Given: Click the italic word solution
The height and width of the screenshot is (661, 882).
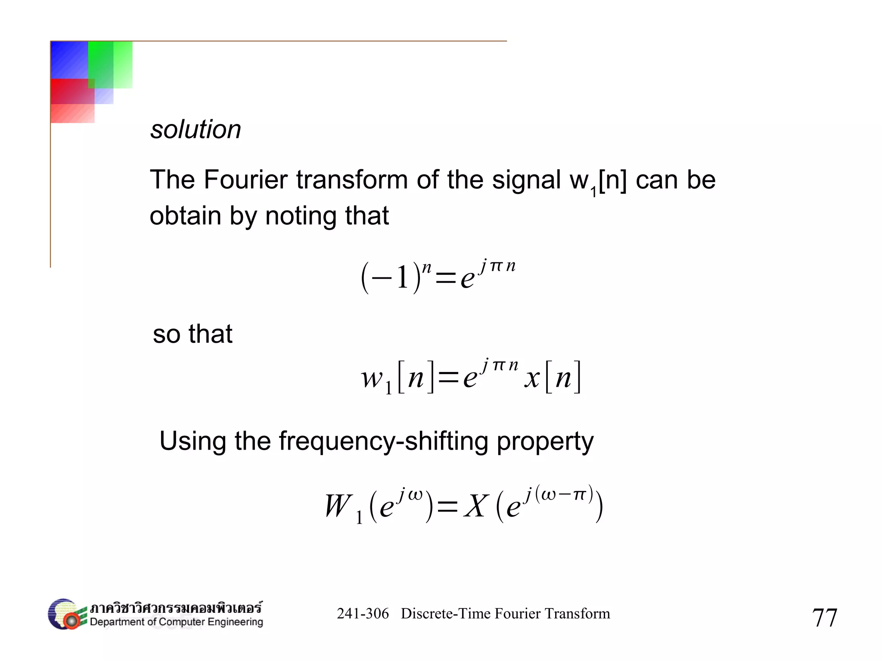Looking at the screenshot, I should pyautogui.click(x=196, y=130).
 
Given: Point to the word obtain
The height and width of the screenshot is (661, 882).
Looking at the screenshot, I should pyautogui.click(x=185, y=216).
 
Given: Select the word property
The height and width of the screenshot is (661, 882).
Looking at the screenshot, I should pyautogui.click(x=545, y=441).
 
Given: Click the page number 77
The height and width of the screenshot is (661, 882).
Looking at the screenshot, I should pyautogui.click(x=824, y=618).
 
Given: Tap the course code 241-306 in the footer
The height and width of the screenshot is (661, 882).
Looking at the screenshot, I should pyautogui.click(x=363, y=614).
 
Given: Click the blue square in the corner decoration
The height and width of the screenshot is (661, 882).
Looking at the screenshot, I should pyautogui.click(x=69, y=60).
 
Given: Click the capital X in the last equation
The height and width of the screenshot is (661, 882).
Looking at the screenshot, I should pyautogui.click(x=476, y=506).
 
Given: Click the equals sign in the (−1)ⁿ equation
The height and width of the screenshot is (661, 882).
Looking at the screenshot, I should pyautogui.click(x=446, y=278).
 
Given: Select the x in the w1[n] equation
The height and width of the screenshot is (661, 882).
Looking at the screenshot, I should pyautogui.click(x=532, y=378).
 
